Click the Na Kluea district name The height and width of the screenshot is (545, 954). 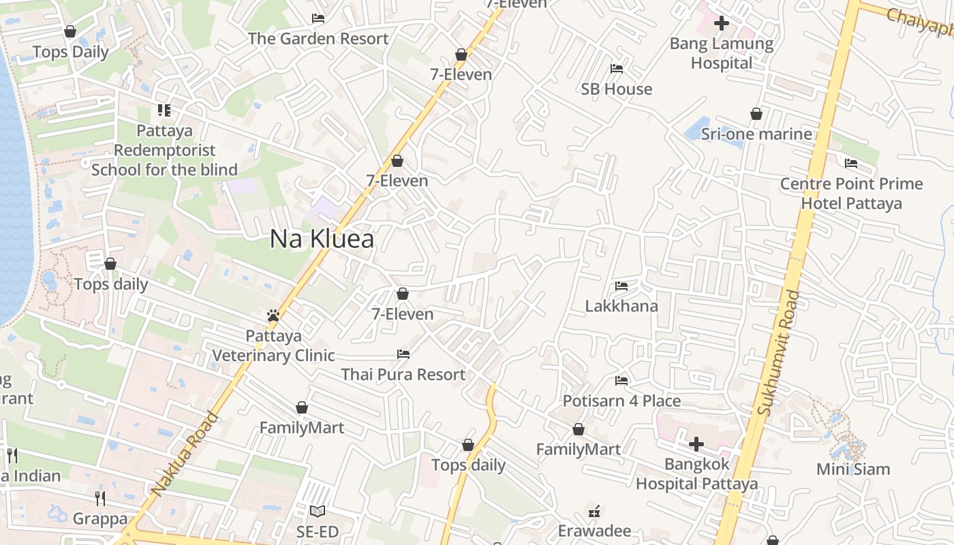pos(322,239)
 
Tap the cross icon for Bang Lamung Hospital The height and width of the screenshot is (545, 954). pos(722,24)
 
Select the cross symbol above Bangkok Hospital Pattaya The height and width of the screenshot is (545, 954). pos(696,445)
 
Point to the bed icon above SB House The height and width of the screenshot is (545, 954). pos(617,69)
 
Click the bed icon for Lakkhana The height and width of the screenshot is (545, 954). pos(621,285)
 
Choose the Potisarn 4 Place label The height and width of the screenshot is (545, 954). pos(621,401)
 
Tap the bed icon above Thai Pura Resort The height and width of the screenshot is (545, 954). pos(403,354)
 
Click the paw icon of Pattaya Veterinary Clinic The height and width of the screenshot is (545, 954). pos(273,315)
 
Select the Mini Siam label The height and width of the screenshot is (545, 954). pos(853,469)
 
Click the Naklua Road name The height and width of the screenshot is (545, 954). pos(185,453)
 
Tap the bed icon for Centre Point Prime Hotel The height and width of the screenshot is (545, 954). pos(851,163)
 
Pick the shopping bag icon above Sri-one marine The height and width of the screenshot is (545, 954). pos(756,114)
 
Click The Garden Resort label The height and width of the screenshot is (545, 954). pos(318,39)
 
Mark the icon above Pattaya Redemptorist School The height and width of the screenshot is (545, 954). pos(164,110)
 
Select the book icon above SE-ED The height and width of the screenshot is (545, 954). pos(318,511)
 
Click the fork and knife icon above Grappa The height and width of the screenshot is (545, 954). pos(100,499)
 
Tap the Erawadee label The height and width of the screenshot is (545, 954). pos(594,531)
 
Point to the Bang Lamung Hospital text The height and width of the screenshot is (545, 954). pos(722,53)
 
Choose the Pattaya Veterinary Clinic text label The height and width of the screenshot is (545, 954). pos(273,345)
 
